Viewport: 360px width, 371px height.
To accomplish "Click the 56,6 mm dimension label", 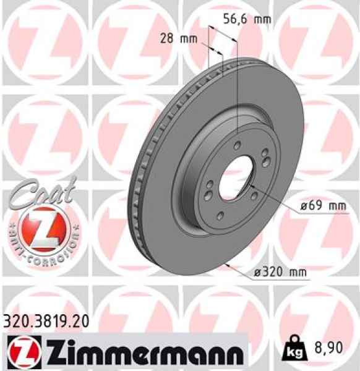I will [x=246, y=19].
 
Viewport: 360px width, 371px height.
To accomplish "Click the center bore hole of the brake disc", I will [x=233, y=174].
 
